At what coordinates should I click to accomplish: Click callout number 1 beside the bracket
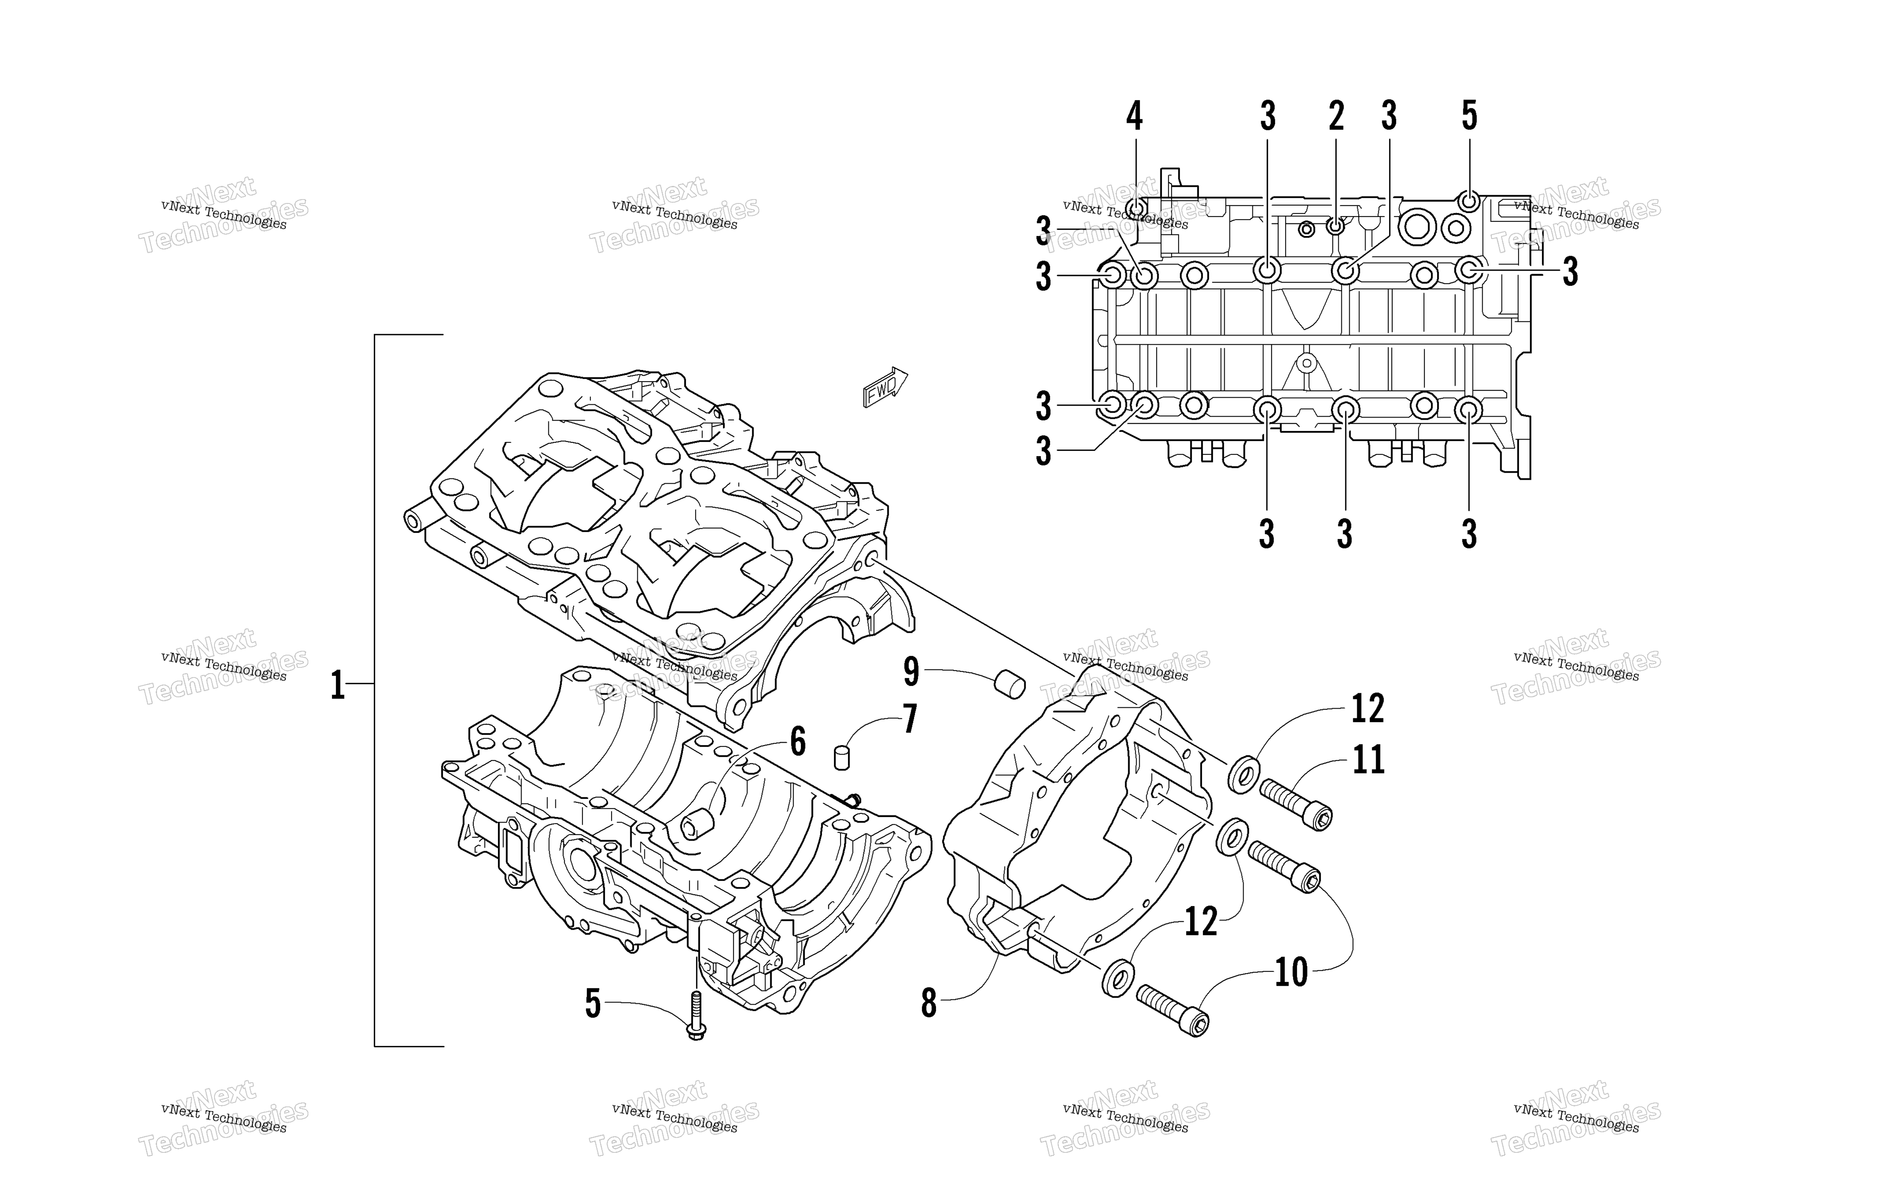(x=337, y=685)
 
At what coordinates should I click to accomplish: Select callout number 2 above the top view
(x=1336, y=116)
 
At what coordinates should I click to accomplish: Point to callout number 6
(x=798, y=741)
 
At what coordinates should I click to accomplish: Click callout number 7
(x=910, y=719)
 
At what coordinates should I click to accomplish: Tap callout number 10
(x=1291, y=973)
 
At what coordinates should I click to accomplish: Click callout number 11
(x=1368, y=759)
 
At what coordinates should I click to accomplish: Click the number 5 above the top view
(x=1469, y=116)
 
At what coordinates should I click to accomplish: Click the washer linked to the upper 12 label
(x=1244, y=774)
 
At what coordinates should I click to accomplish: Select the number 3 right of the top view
(x=1570, y=272)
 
